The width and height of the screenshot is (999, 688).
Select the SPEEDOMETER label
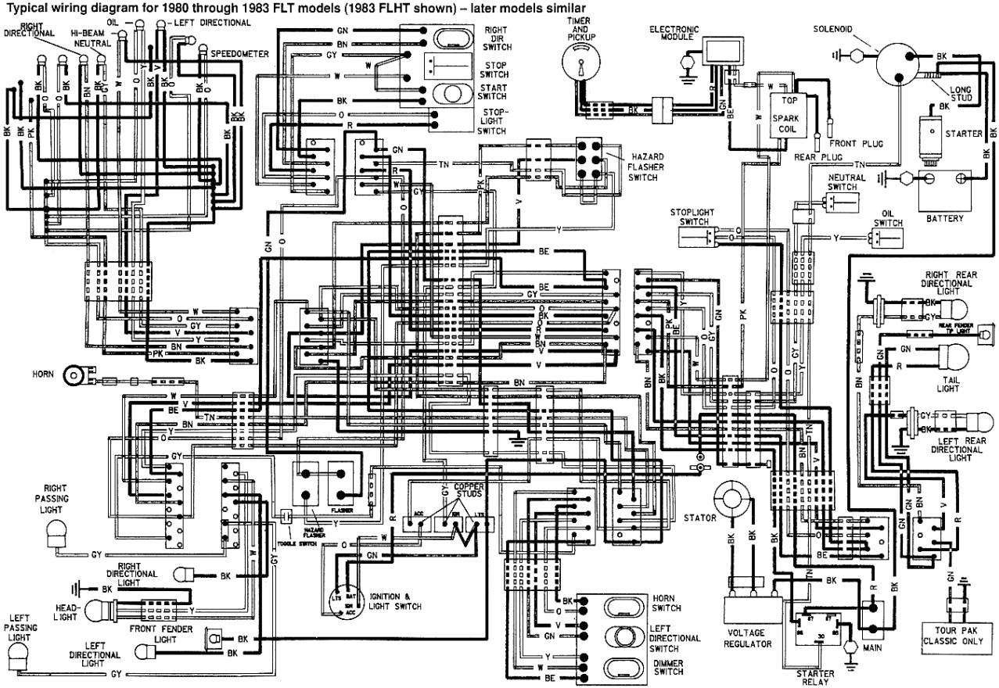(239, 54)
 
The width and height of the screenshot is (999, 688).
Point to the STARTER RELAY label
(814, 678)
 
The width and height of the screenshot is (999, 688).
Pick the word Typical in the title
(23, 7)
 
